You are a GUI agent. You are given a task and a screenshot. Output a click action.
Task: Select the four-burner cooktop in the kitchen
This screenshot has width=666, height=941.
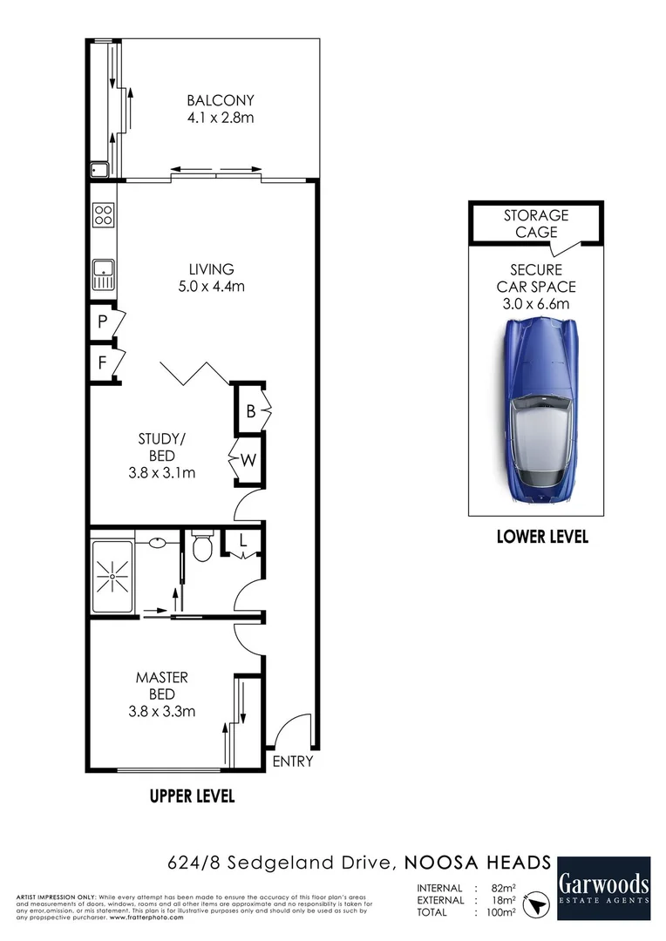(x=103, y=213)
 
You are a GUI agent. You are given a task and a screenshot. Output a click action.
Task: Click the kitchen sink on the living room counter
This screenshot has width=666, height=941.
(x=103, y=275)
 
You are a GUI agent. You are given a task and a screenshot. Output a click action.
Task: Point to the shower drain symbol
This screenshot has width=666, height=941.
(x=112, y=577)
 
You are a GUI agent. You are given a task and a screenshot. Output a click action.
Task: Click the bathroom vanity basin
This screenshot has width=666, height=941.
(x=158, y=541)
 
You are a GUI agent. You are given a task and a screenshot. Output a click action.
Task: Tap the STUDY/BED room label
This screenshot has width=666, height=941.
(x=162, y=439)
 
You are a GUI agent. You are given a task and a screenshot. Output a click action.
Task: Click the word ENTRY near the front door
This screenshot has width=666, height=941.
(x=292, y=761)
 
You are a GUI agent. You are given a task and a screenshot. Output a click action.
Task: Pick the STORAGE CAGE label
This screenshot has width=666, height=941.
(x=535, y=223)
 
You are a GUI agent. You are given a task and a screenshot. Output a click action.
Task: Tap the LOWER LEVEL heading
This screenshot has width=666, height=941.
(x=541, y=537)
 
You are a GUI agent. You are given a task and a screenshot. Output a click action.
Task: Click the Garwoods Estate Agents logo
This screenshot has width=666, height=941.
(x=603, y=887)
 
